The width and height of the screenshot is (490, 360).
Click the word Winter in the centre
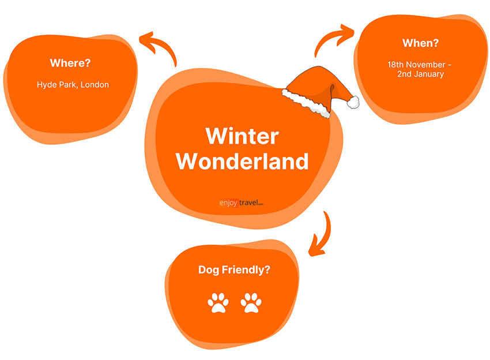click(242, 136)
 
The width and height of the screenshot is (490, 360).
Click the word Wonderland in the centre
click(242, 161)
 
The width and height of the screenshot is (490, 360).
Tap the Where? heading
click(70, 63)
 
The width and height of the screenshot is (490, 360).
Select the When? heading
click(420, 43)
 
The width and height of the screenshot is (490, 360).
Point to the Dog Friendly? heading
click(234, 269)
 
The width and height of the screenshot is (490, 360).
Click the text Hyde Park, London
click(73, 85)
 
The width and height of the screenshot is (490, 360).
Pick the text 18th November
click(416, 65)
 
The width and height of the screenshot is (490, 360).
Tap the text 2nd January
click(420, 74)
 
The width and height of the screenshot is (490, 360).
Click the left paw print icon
click(218, 302)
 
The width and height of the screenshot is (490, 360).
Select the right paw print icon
click(251, 302)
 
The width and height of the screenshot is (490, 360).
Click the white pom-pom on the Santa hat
click(353, 102)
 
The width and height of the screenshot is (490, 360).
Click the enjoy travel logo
click(241, 202)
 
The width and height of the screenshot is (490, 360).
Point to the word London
click(95, 84)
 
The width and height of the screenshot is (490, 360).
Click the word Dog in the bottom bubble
click(209, 270)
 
